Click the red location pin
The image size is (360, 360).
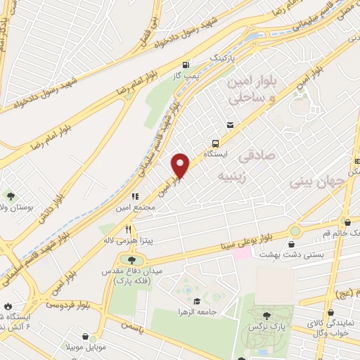[181, 165]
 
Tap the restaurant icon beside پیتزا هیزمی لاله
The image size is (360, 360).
[128, 229]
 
